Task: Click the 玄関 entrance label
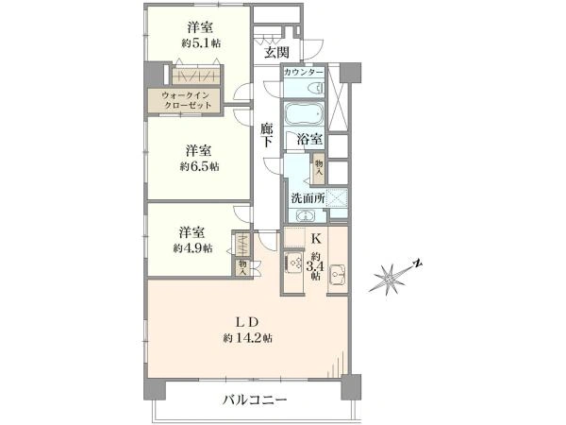point(276,52)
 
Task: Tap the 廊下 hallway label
point(267,135)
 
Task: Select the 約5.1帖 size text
point(201,43)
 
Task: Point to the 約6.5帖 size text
point(200,166)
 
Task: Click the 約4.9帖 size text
point(193,248)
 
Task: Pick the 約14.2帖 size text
point(247,338)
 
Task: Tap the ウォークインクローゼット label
point(186,100)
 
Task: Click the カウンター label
point(304,73)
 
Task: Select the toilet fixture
point(318,88)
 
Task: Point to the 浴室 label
point(309,140)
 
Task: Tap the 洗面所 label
point(308,198)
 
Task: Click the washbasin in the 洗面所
point(306,216)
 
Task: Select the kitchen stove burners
point(293,264)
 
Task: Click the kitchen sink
point(337,275)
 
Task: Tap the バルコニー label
point(255,399)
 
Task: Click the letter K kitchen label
point(316,239)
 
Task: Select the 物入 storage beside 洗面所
point(319,168)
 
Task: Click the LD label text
point(247,321)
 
